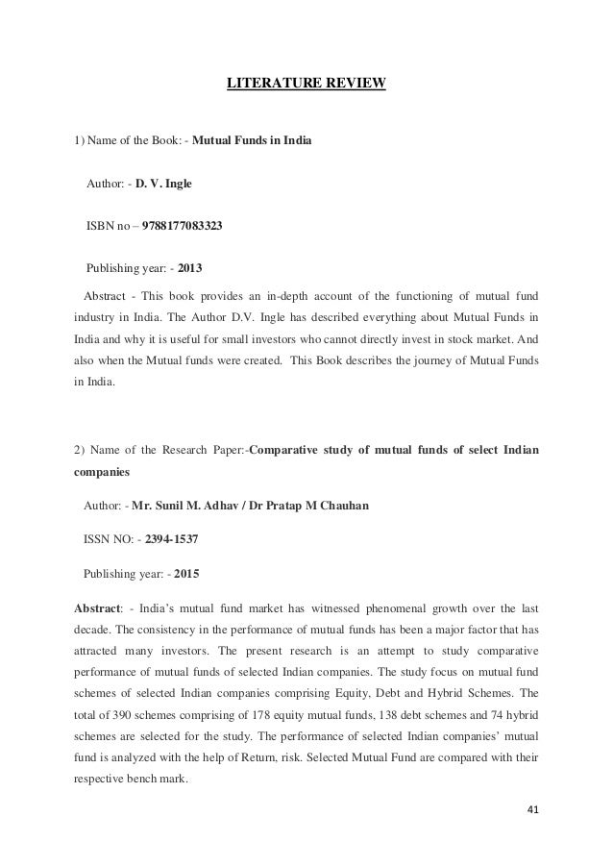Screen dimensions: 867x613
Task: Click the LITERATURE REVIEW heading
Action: [x=306, y=84]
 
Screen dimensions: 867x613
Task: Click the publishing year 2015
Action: [x=187, y=576]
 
